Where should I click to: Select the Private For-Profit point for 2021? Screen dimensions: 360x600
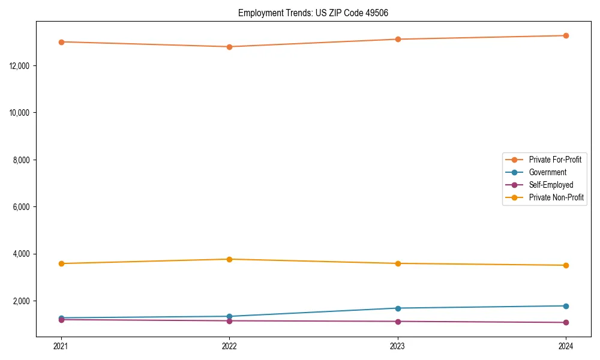point(61,42)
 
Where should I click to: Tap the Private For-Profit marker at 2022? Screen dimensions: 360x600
point(229,47)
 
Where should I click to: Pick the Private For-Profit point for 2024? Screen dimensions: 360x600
point(566,35)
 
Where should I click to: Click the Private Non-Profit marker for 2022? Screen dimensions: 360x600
point(229,259)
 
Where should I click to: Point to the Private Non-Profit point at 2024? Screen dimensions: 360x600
point(566,265)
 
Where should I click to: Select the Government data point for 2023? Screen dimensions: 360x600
point(398,308)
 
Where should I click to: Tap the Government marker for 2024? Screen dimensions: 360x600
point(566,306)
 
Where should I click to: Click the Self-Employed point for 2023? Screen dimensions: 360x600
point(398,322)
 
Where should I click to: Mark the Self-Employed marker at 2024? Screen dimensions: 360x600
point(566,323)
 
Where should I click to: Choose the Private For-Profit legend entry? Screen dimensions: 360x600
point(554,160)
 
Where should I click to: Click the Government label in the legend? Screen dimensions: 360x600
point(547,172)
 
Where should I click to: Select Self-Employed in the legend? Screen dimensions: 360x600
point(551,185)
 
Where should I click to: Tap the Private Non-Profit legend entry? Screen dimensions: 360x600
point(556,197)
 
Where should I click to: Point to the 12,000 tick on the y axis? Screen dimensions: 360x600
point(20,65)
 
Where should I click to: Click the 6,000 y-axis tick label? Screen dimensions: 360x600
point(22,207)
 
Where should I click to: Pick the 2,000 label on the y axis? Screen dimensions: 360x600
point(22,301)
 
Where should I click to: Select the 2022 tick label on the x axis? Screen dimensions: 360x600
point(229,346)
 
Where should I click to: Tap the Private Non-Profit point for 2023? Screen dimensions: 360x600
point(398,263)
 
